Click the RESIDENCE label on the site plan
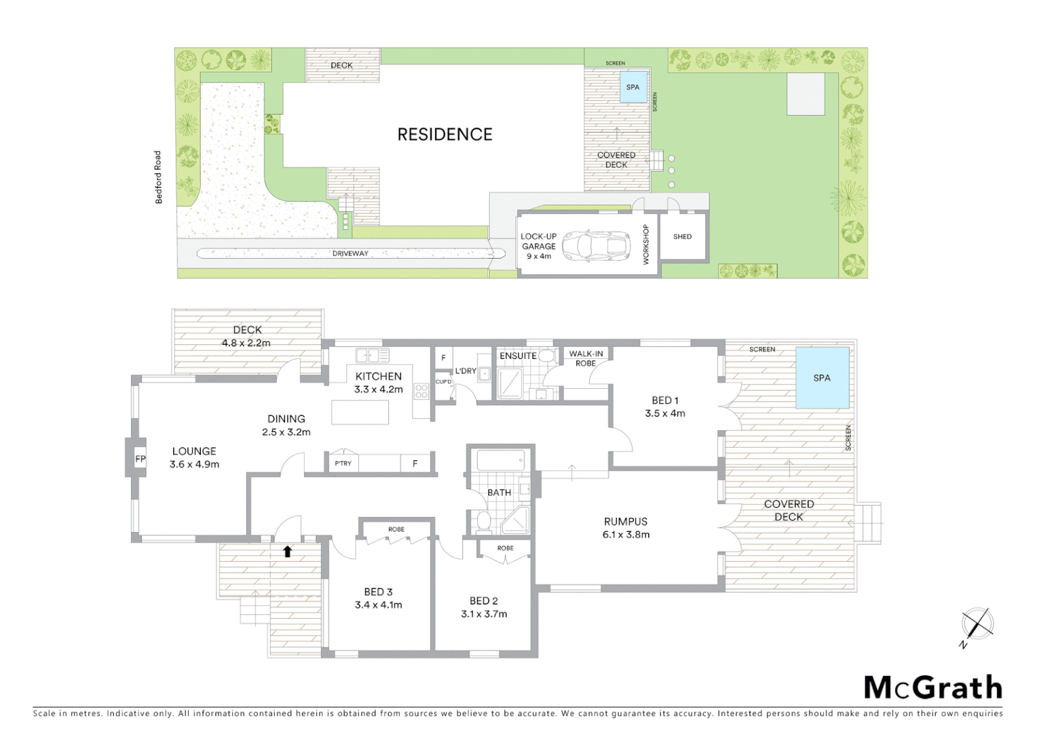click(x=445, y=134)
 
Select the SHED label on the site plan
click(x=682, y=237)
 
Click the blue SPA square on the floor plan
click(x=822, y=378)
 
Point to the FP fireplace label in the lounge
click(x=140, y=459)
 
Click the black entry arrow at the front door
click(x=287, y=551)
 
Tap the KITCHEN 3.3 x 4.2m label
click(x=379, y=383)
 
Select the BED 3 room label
click(x=378, y=598)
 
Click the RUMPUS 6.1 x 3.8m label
click(x=625, y=527)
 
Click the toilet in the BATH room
click(x=484, y=521)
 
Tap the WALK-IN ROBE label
click(x=586, y=358)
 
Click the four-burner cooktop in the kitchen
click(x=421, y=391)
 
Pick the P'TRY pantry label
click(x=343, y=464)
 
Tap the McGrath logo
click(x=932, y=688)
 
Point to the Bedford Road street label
click(x=158, y=177)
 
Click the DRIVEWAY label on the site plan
click(x=350, y=254)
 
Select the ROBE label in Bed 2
click(x=505, y=548)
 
